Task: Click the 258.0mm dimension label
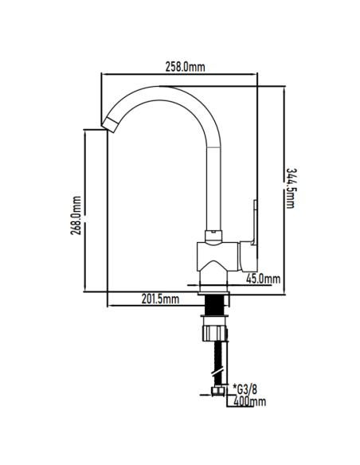pos(185,67)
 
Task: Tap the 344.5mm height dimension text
pos(291,189)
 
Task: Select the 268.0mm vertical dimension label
pos(76,215)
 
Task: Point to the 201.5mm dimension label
pos(160,299)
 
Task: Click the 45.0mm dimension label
pos(263,279)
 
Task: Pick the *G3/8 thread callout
pos(245,389)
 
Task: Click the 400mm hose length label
pos(249,402)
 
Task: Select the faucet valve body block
pos(217,256)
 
